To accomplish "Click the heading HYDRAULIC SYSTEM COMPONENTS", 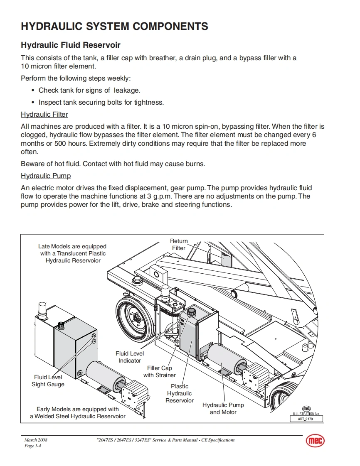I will (x=114, y=27).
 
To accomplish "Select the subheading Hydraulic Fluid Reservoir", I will (x=70, y=45).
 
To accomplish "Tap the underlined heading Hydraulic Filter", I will (x=44, y=114).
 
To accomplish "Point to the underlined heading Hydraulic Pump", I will (x=46, y=176).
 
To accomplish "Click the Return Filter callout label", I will (x=179, y=245).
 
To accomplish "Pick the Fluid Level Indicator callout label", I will (x=130, y=357).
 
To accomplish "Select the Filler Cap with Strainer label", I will (x=160, y=372).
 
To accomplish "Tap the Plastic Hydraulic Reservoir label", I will (x=180, y=393).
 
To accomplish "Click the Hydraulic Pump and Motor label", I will (x=223, y=409).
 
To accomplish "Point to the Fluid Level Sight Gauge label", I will (x=48, y=381).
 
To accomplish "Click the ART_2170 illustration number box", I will (x=306, y=419).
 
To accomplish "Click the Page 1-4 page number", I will (x=32, y=446).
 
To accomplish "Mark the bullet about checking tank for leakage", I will (x=89, y=90).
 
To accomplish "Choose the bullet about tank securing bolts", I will (x=101, y=102).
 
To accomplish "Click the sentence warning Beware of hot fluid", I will (x=113, y=164).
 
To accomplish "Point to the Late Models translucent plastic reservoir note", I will (x=73, y=253).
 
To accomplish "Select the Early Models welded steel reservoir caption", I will (x=78, y=413).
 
